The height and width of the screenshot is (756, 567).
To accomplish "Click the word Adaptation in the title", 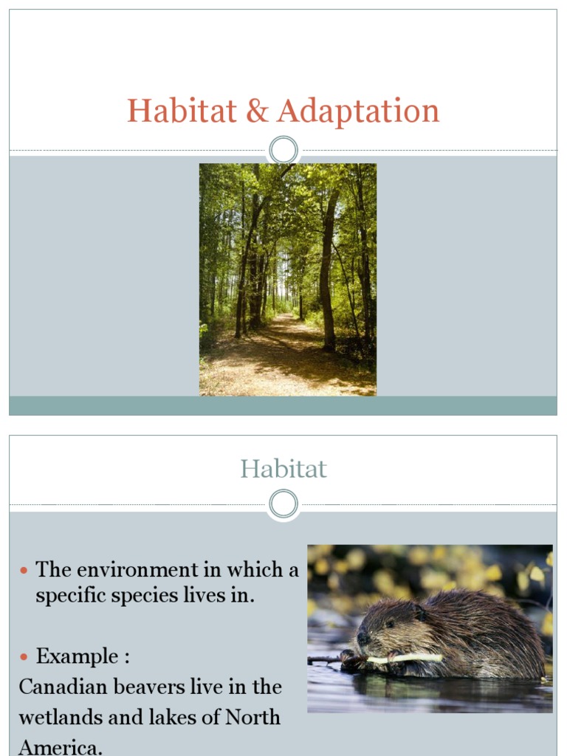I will point(359,111).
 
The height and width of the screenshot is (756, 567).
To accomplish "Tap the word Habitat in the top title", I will point(182,111).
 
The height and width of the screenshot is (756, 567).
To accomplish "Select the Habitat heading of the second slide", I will point(283,469).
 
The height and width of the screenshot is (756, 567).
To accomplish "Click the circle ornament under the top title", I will point(283,151).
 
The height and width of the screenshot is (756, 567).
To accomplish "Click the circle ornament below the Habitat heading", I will point(283,505).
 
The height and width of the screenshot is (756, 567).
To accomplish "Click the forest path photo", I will point(288,279).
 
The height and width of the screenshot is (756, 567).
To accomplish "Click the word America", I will point(59,746).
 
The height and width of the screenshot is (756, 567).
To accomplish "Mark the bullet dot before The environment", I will point(23,571).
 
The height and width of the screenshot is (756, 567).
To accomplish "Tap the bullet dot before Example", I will point(23,657).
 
